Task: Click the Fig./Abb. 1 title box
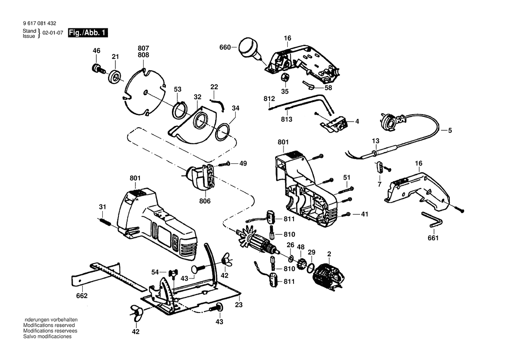[x=88, y=33]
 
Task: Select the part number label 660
[x=225, y=48]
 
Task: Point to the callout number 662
[x=82, y=295]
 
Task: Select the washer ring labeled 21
[x=115, y=77]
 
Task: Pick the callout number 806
[x=205, y=201]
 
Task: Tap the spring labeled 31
[x=104, y=222]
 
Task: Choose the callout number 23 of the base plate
[x=239, y=305]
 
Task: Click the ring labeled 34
[x=223, y=132]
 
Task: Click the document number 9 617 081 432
[x=40, y=24]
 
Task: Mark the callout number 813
[x=287, y=119]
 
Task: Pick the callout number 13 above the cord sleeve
[x=376, y=141]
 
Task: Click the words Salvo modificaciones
[x=47, y=336]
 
